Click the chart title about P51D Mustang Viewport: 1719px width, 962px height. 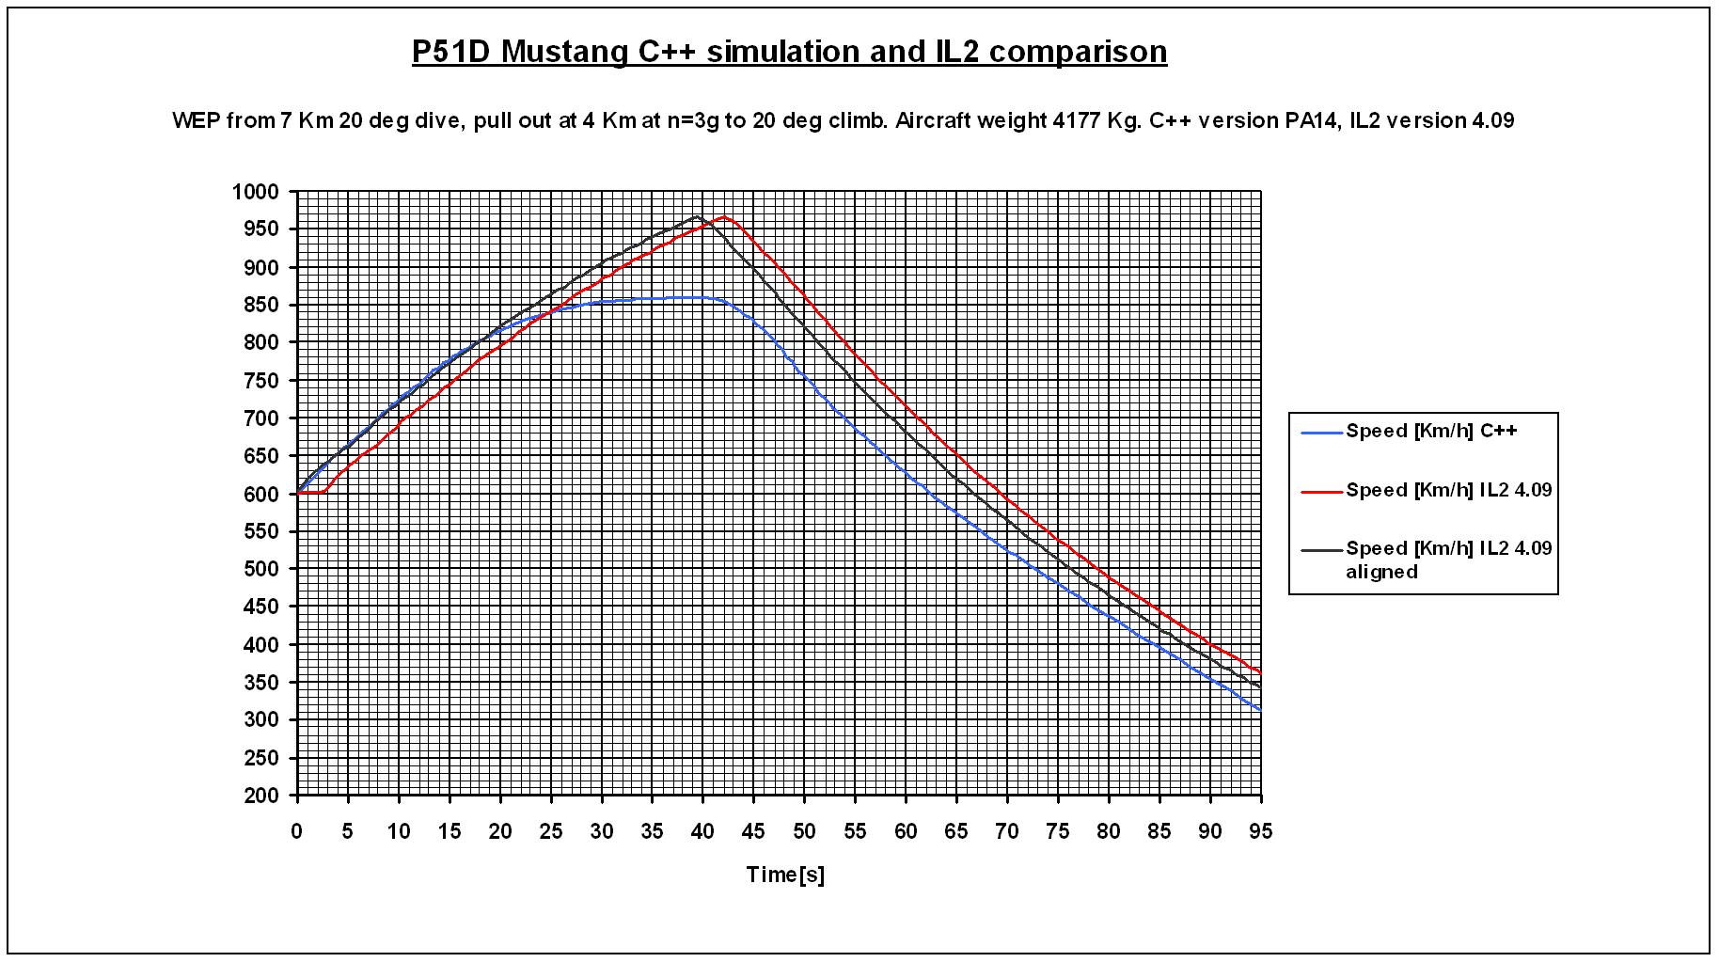(789, 51)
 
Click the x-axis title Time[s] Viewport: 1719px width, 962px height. (785, 875)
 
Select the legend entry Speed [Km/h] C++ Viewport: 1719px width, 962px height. (1431, 432)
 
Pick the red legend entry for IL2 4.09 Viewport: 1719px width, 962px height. (1448, 490)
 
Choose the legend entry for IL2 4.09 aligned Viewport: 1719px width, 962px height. (1448, 559)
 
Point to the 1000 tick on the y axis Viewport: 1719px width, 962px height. (255, 192)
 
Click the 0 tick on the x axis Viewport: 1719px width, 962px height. (297, 831)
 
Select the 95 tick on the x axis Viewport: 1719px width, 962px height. (1260, 831)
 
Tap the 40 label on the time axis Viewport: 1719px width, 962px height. (703, 831)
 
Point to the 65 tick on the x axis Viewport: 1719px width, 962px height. (956, 831)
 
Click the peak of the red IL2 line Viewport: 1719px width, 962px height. (723, 216)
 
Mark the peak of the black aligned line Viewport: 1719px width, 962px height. (697, 216)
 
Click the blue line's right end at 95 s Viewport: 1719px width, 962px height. (1260, 710)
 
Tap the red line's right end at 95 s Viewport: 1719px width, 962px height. (1260, 671)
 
